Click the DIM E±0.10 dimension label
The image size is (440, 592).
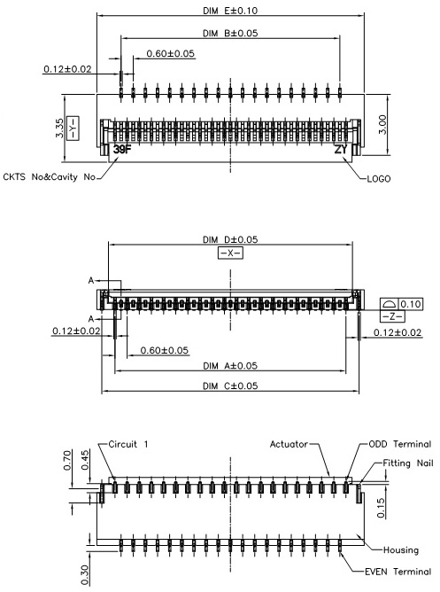click(x=230, y=11)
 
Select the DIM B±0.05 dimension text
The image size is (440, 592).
click(x=230, y=33)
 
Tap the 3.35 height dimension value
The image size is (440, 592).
click(x=59, y=129)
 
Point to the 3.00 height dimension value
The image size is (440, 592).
click(x=382, y=125)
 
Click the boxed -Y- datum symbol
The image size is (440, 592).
click(x=73, y=129)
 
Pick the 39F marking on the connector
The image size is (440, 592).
click(x=122, y=149)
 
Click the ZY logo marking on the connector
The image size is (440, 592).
click(x=341, y=149)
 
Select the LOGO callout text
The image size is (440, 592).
click(x=379, y=179)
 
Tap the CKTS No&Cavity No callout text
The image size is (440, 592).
click(x=49, y=176)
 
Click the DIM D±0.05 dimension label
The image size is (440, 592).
click(x=230, y=239)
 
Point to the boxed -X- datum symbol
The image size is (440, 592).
click(x=230, y=253)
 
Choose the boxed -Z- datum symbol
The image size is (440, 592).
click(x=392, y=316)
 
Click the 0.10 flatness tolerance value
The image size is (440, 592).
click(x=410, y=304)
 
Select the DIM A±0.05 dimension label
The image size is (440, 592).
click(x=230, y=365)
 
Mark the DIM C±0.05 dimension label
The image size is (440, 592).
click(x=230, y=386)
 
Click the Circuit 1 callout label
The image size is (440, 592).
click(x=128, y=444)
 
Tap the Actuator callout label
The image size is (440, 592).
click(x=289, y=444)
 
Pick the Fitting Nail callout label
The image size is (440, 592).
click(x=408, y=463)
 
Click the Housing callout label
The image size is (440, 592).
click(x=401, y=550)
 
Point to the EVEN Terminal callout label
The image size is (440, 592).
click(x=398, y=572)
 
